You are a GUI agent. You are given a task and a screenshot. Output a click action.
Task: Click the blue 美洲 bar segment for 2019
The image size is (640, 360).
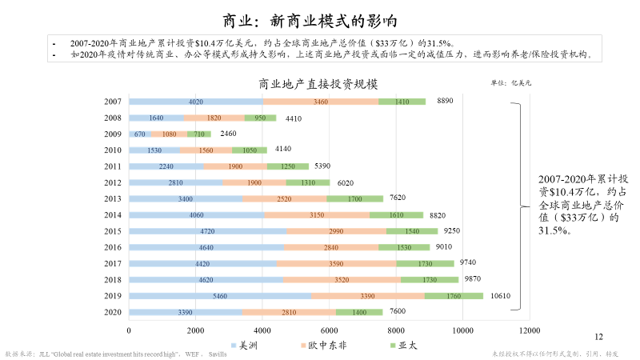pos(219,295)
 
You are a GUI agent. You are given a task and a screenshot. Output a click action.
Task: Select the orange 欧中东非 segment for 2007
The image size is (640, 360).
pos(321,102)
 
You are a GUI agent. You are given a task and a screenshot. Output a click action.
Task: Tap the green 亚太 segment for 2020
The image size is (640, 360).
pos(358,311)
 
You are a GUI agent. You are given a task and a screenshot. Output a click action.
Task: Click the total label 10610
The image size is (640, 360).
pos(501,295)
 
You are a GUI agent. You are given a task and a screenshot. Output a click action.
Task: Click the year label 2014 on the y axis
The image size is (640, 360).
pos(113,214)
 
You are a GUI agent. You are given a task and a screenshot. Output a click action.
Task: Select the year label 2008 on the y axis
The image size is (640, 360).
pos(113,118)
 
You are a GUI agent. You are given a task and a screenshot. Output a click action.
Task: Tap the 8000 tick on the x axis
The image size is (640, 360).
pos(394,330)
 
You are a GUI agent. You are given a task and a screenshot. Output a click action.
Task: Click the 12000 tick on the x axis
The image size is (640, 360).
pos(527,330)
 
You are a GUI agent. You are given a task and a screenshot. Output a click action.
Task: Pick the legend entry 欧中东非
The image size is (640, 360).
pos(327,345)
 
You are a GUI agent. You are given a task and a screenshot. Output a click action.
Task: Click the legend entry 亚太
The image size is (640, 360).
pos(405,345)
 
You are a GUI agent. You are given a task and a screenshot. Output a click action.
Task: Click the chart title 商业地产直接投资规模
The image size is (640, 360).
pos(318,84)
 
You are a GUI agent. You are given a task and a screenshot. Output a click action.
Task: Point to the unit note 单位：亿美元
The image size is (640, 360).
pos(510,82)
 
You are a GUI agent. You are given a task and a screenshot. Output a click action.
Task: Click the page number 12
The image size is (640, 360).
pos(599,338)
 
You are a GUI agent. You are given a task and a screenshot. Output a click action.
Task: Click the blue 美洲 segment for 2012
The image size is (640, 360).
pos(175,182)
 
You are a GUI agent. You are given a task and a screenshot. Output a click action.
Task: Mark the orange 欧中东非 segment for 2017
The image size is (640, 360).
pos(336,263)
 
